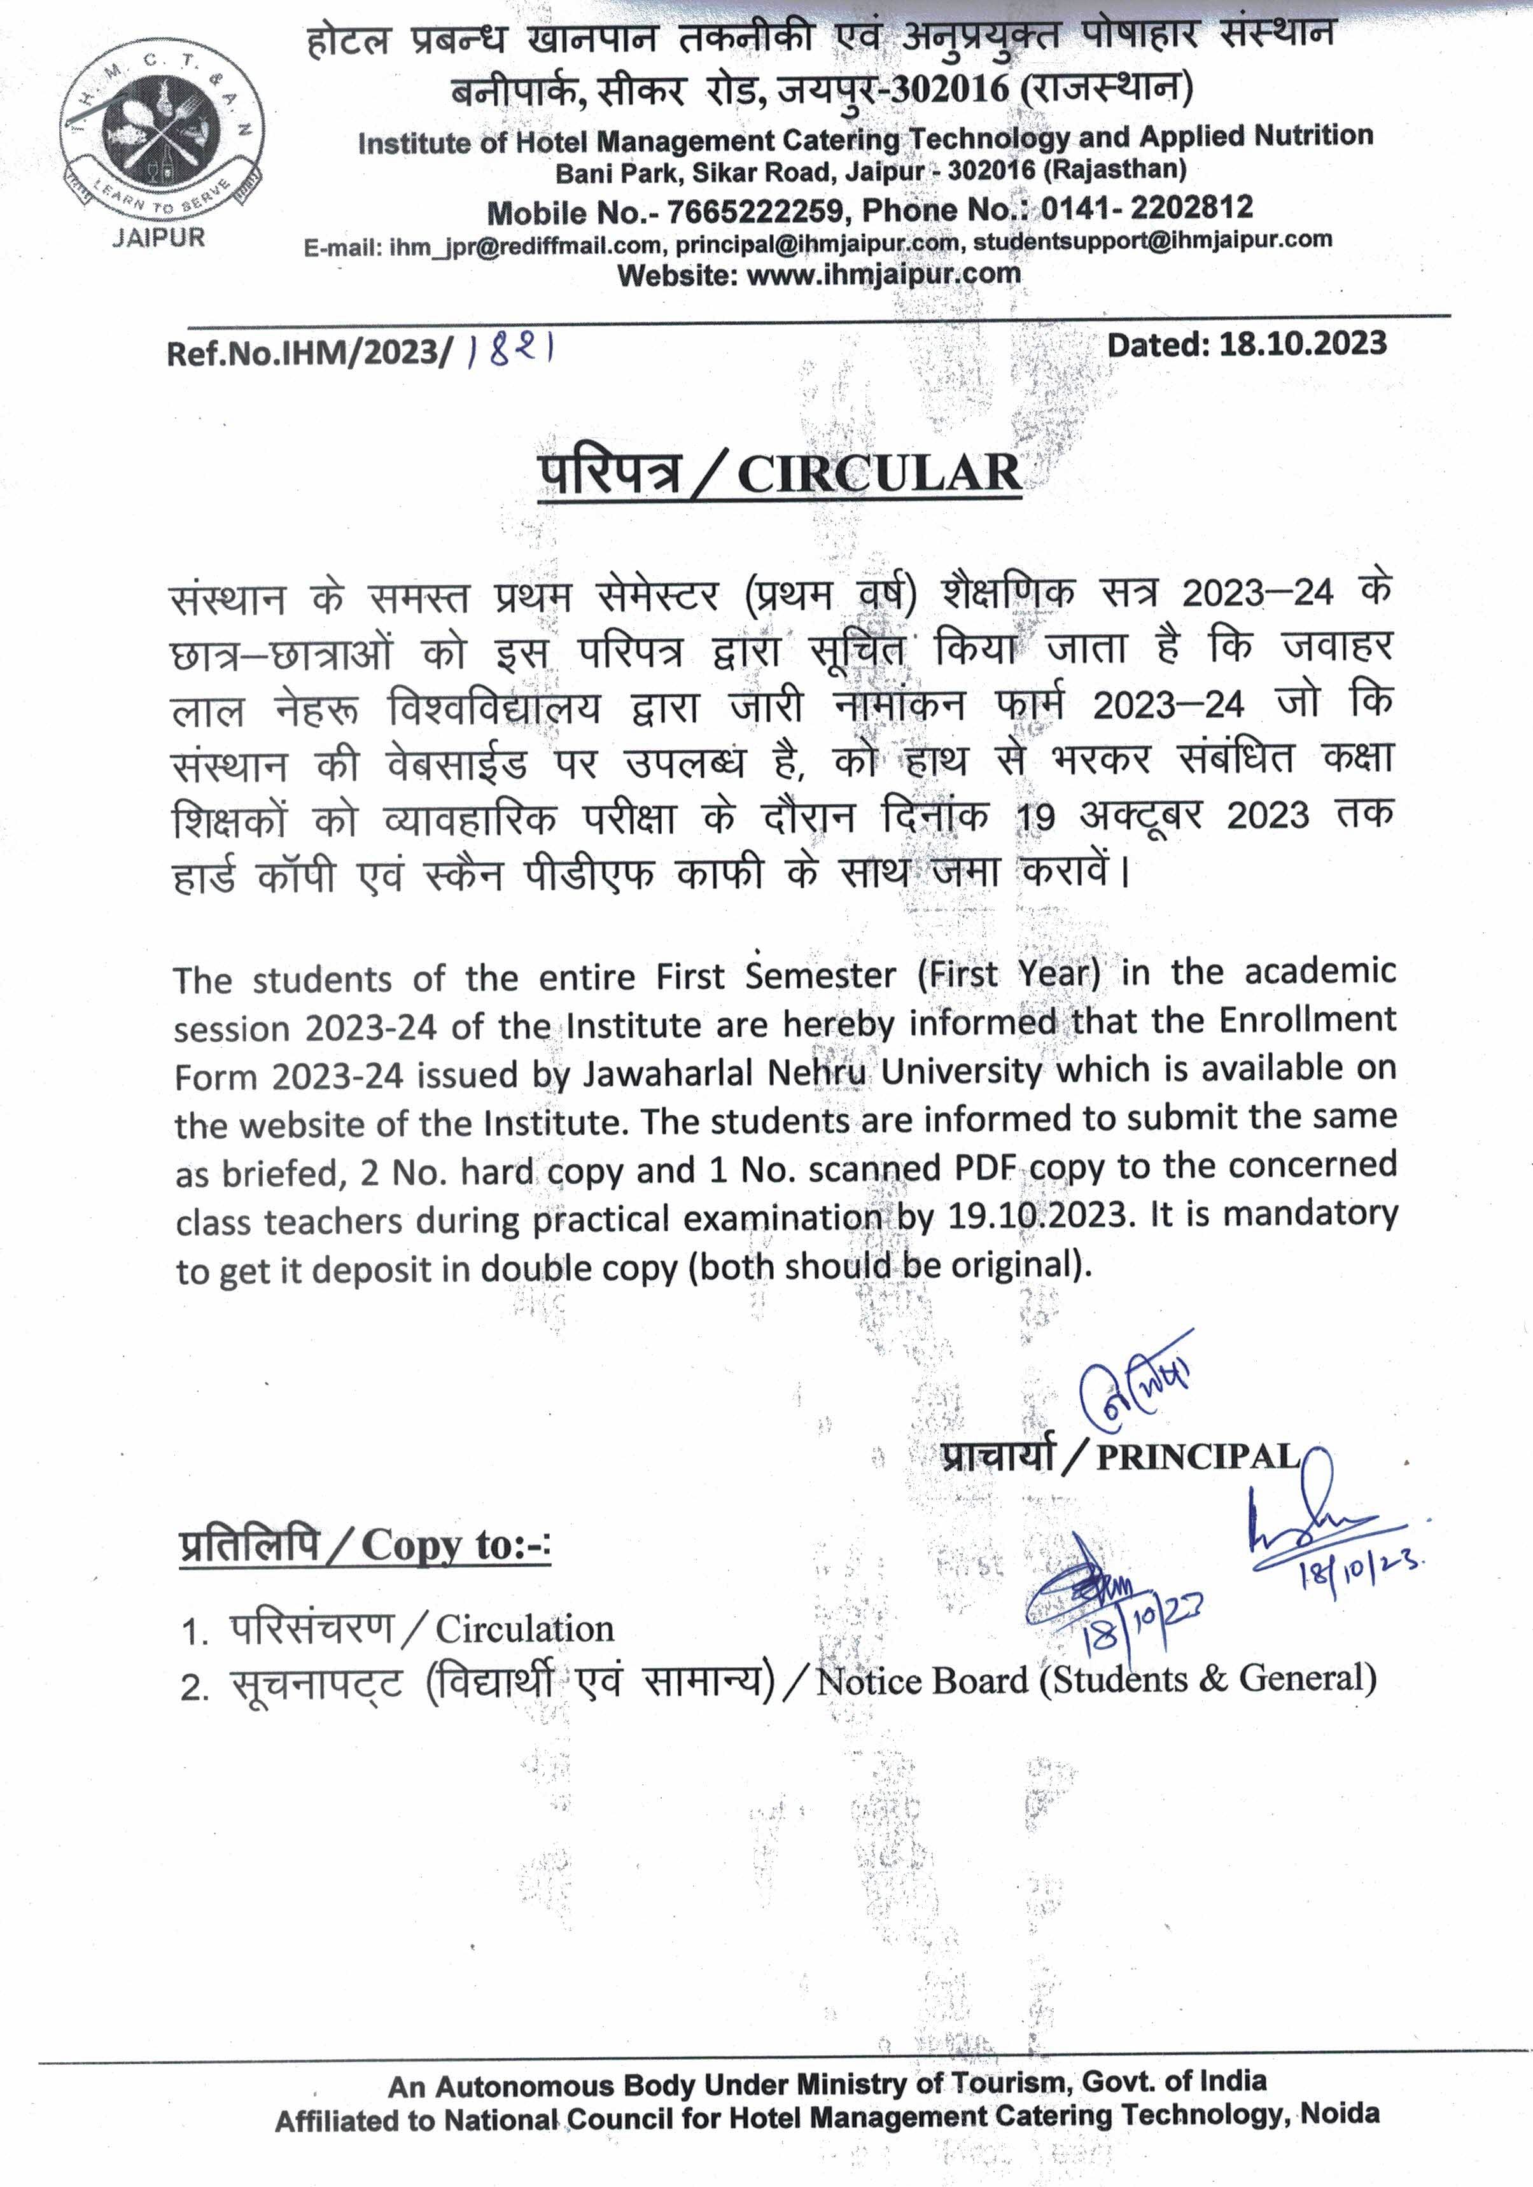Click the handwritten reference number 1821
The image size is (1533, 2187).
[x=512, y=351]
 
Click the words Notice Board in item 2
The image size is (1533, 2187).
[x=922, y=1681]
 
